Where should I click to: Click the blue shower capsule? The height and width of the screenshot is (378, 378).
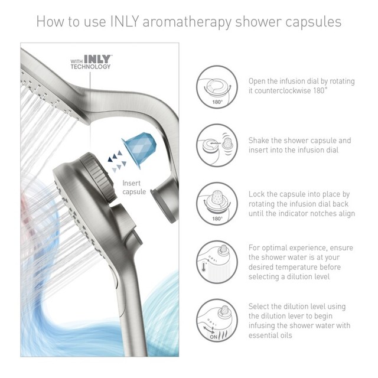click(138, 147)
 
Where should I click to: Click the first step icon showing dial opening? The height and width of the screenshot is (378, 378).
click(217, 86)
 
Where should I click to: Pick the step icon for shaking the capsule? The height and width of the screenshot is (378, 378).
click(217, 144)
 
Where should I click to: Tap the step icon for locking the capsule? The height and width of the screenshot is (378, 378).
click(217, 202)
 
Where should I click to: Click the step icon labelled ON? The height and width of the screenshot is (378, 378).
click(217, 319)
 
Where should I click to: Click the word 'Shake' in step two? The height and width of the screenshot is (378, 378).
click(261, 141)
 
